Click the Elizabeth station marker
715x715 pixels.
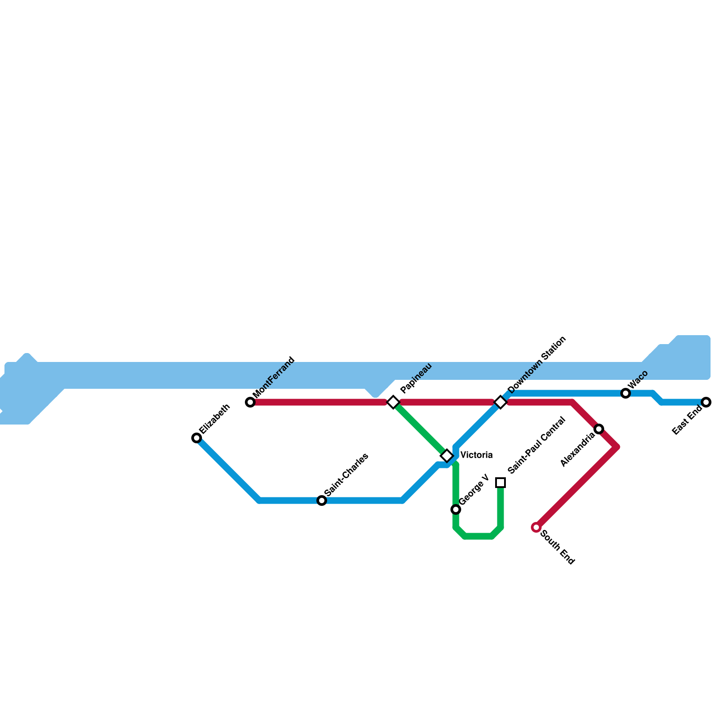197,438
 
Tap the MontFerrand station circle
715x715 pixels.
250,402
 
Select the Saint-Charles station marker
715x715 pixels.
322,500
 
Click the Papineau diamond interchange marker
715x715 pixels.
393,402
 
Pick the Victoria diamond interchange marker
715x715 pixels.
447,456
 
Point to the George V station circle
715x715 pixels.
456,509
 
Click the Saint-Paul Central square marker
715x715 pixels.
500,483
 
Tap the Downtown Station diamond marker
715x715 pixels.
500,402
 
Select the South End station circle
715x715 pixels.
536,527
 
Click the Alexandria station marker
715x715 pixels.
599,429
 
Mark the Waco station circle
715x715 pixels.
626,393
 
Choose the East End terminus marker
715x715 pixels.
706,402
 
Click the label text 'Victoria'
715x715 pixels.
476,455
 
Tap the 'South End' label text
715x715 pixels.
557,547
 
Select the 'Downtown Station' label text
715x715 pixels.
537,365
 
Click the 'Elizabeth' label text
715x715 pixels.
215,419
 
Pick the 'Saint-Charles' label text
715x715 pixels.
347,475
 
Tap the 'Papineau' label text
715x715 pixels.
416,378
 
